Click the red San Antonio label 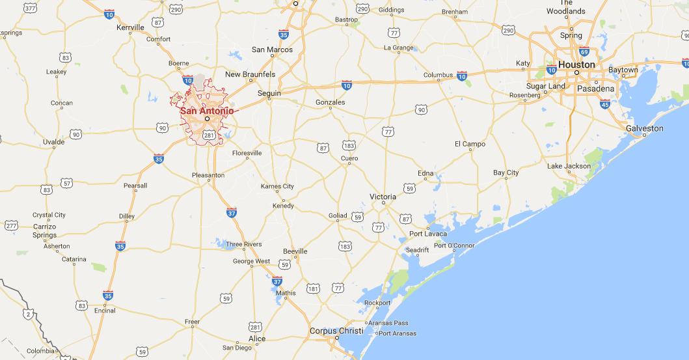tap(206, 110)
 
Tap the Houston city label tap(576, 64)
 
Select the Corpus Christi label tap(333, 331)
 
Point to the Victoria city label tap(383, 196)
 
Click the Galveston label tap(644, 128)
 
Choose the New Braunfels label tap(250, 75)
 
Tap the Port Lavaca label tap(427, 234)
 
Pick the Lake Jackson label tap(569, 166)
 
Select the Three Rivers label tap(243, 244)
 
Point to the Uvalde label tap(53, 141)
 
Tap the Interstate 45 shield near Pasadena tap(605, 104)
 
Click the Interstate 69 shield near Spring tap(584, 51)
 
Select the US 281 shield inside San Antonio tap(208, 135)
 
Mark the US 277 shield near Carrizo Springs tap(11, 225)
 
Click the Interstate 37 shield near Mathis tap(277, 281)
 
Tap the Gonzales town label tap(330, 102)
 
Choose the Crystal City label tap(49, 215)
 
